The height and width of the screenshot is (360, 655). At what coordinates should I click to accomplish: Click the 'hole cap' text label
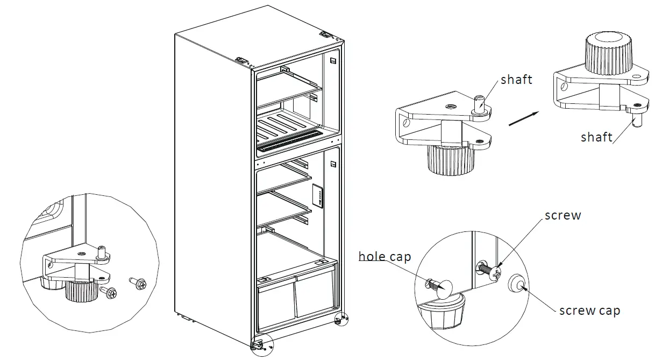pyautogui.click(x=385, y=256)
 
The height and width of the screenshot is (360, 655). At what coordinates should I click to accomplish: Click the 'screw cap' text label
pyautogui.click(x=589, y=310)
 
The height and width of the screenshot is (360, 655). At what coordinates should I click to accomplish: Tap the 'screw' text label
pyautogui.click(x=563, y=215)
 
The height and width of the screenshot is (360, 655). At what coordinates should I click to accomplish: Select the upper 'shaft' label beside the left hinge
pyautogui.click(x=516, y=80)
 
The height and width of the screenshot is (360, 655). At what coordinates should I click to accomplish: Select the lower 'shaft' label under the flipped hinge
pyautogui.click(x=596, y=137)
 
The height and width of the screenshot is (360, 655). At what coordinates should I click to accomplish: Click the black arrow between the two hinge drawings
pyautogui.click(x=523, y=118)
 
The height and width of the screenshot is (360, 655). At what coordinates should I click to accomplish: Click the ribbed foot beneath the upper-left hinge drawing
pyautogui.click(x=451, y=160)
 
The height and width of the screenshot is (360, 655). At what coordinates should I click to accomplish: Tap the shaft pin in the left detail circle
pyautogui.click(x=101, y=251)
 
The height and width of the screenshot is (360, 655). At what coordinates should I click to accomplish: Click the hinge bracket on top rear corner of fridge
pyautogui.click(x=325, y=34)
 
